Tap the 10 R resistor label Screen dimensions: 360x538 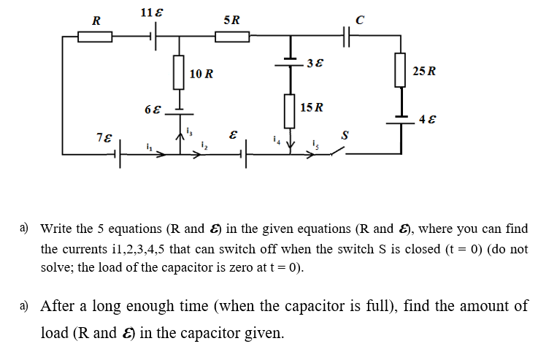pyautogui.click(x=201, y=74)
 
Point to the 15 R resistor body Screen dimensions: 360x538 pyautogui.click(x=289, y=109)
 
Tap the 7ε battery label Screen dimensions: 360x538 pyautogui.click(x=104, y=137)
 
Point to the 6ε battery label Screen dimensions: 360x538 pyautogui.click(x=153, y=111)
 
